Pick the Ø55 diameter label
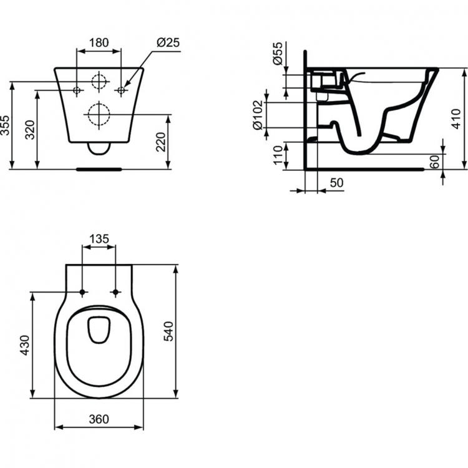pos(276,55)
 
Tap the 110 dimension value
pos(277,155)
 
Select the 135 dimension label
pos(99,238)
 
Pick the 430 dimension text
pos(26,345)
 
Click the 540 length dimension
pos(168,331)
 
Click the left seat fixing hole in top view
pos(82,292)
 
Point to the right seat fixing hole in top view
pos(116,292)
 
